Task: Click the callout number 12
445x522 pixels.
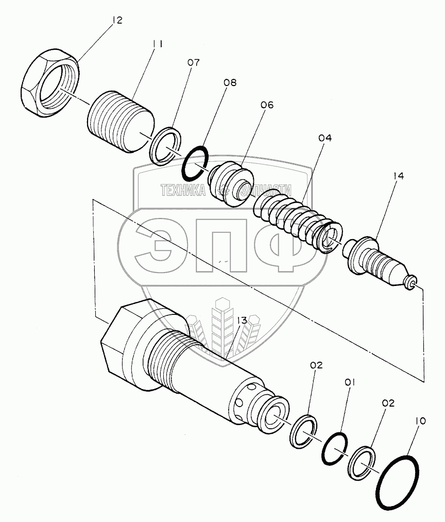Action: point(117,20)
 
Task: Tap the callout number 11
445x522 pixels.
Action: point(158,44)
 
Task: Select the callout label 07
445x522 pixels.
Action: point(193,62)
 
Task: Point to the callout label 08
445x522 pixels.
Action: point(230,82)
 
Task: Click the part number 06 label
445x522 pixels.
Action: point(267,105)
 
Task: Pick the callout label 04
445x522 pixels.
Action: point(325,138)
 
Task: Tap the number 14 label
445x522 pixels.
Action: point(398,176)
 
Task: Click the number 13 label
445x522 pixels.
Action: point(242,321)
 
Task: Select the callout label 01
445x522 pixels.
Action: point(350,383)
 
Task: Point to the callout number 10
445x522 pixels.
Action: point(420,421)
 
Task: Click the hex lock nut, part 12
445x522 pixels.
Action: point(50,82)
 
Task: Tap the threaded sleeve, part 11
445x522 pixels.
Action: point(121,122)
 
